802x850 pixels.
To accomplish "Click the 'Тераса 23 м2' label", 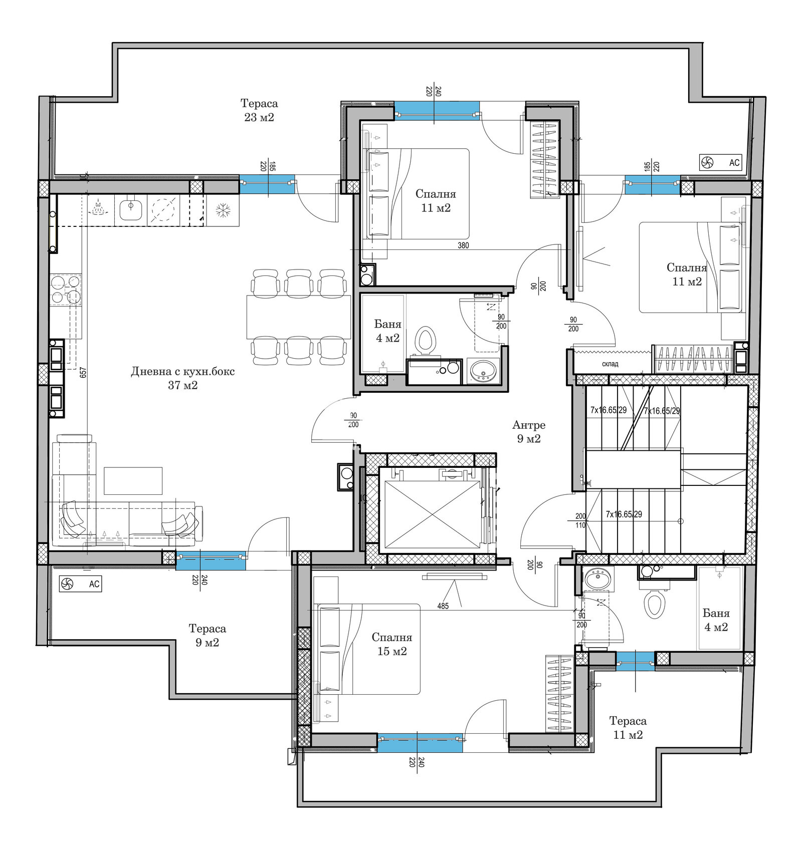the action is (x=259, y=110).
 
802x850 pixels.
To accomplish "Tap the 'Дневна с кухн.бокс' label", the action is (x=183, y=371).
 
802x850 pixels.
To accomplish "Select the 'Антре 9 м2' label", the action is (x=529, y=432).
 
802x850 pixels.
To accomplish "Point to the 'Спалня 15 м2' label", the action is (x=392, y=644).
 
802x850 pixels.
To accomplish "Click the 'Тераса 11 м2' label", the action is (x=628, y=728).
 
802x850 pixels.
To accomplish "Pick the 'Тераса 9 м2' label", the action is (x=208, y=635).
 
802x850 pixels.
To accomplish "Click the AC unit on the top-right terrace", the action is (x=721, y=162).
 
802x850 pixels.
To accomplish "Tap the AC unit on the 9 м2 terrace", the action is (x=80, y=584).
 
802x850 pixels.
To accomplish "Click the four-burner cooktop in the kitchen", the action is (x=66, y=289).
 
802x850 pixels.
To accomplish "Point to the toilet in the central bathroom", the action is (x=427, y=341).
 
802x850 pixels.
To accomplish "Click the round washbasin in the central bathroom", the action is (x=483, y=372).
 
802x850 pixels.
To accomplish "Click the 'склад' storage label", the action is (x=610, y=364).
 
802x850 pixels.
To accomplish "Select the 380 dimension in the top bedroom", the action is (x=463, y=245).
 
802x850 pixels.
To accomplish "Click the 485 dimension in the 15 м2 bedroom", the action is (x=443, y=606).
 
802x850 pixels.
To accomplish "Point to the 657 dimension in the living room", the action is (x=84, y=372).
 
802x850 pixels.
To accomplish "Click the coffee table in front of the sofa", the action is (x=133, y=480).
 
